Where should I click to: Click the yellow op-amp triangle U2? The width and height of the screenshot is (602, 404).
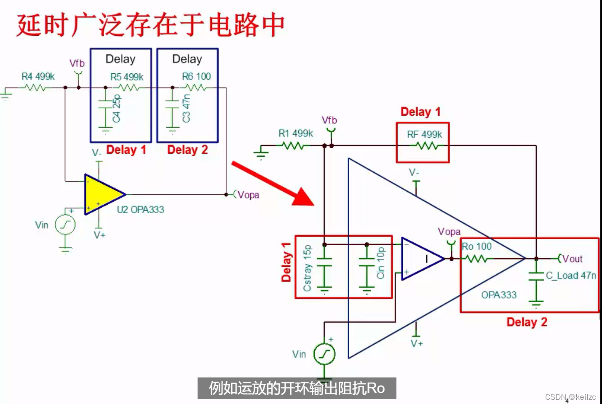102,195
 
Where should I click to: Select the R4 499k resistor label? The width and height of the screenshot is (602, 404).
38,77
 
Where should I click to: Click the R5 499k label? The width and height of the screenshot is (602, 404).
127,77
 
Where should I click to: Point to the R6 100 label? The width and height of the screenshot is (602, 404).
196,77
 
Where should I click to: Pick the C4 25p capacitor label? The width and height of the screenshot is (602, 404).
117,109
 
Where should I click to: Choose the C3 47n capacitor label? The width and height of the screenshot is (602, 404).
186,109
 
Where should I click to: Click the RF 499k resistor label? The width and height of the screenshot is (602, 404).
424,134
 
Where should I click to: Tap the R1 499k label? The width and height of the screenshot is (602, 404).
296,134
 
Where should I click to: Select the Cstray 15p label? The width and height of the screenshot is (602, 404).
308,268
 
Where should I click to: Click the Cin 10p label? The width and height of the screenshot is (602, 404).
381,263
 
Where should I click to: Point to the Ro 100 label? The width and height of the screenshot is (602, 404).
476,246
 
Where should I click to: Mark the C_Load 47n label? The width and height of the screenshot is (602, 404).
571,276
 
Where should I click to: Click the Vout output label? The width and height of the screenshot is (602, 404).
572,259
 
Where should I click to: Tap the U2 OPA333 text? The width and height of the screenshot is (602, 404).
140,210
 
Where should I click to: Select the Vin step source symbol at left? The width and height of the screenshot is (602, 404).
65,225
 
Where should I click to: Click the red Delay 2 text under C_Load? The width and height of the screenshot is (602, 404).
527,322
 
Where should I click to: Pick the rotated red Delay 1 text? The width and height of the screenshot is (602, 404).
286,262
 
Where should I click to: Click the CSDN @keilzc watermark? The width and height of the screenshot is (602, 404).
570,397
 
